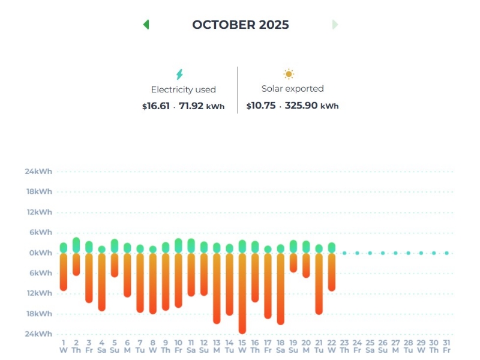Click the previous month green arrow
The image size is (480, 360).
click(146, 25)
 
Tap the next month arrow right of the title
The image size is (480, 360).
click(335, 25)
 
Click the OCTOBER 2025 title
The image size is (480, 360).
click(240, 25)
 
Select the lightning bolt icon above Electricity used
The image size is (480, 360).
click(179, 74)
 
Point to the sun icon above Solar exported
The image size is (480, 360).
click(289, 74)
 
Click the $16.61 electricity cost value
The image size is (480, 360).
click(152, 106)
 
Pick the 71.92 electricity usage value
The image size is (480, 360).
click(191, 106)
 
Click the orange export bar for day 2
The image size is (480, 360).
click(76, 264)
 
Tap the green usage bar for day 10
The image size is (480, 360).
click(178, 245)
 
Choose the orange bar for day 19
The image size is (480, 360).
click(293, 263)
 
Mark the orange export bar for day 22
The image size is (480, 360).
click(332, 272)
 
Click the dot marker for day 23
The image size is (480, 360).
click(344, 253)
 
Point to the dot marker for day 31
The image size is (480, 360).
click(447, 253)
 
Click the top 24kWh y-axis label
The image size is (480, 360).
click(38, 172)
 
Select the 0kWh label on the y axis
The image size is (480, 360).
click(41, 253)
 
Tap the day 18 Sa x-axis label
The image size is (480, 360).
click(280, 346)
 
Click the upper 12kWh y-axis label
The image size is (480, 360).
click(38, 212)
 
